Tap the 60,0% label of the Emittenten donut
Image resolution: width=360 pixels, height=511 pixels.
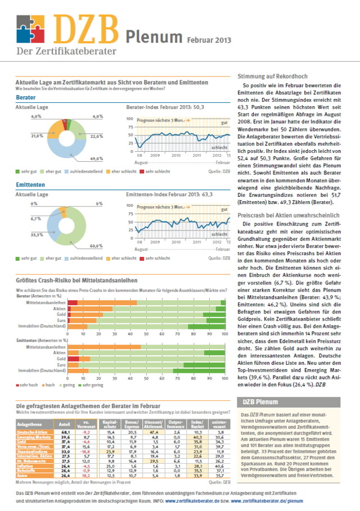pyautogui.click(x=96, y=246)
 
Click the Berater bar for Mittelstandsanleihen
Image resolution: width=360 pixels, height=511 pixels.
pyautogui.click(x=146, y=303)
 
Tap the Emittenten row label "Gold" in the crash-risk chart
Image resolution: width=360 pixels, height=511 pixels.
pyautogui.click(x=60, y=359)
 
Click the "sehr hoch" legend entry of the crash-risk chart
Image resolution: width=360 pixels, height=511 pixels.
pyautogui.click(x=29, y=385)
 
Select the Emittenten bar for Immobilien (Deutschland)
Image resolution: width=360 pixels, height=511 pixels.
pyautogui.click(x=146, y=371)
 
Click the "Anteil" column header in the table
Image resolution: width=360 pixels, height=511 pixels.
pyautogui.click(x=64, y=423)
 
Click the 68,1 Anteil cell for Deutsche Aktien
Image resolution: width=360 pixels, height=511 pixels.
pyautogui.click(x=65, y=432)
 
